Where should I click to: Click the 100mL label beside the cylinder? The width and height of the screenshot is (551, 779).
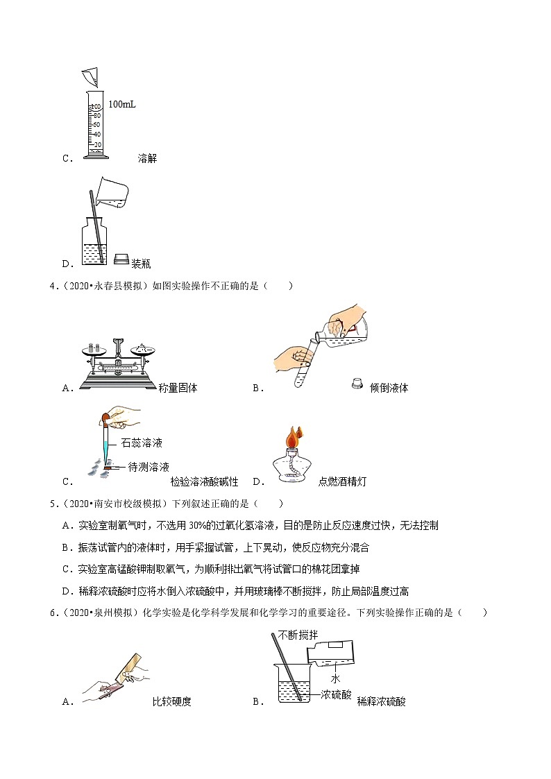pyautogui.click(x=122, y=105)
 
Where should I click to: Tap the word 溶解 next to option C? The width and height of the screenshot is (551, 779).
pyautogui.click(x=148, y=158)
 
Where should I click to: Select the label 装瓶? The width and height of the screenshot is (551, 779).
pyautogui.click(x=141, y=264)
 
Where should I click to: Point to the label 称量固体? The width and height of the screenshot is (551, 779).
pyautogui.click(x=178, y=388)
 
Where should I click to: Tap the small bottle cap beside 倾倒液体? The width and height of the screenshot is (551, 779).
pyautogui.click(x=357, y=382)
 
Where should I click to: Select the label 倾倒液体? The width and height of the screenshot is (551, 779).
pyautogui.click(x=389, y=388)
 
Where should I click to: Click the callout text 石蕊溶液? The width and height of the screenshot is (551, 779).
pyautogui.click(x=142, y=443)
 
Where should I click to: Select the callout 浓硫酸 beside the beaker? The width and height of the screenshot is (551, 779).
pyautogui.click(x=337, y=694)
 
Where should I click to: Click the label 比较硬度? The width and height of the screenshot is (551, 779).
pyautogui.click(x=171, y=701)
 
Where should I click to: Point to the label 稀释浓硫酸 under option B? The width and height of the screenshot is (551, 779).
pyautogui.click(x=381, y=701)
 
